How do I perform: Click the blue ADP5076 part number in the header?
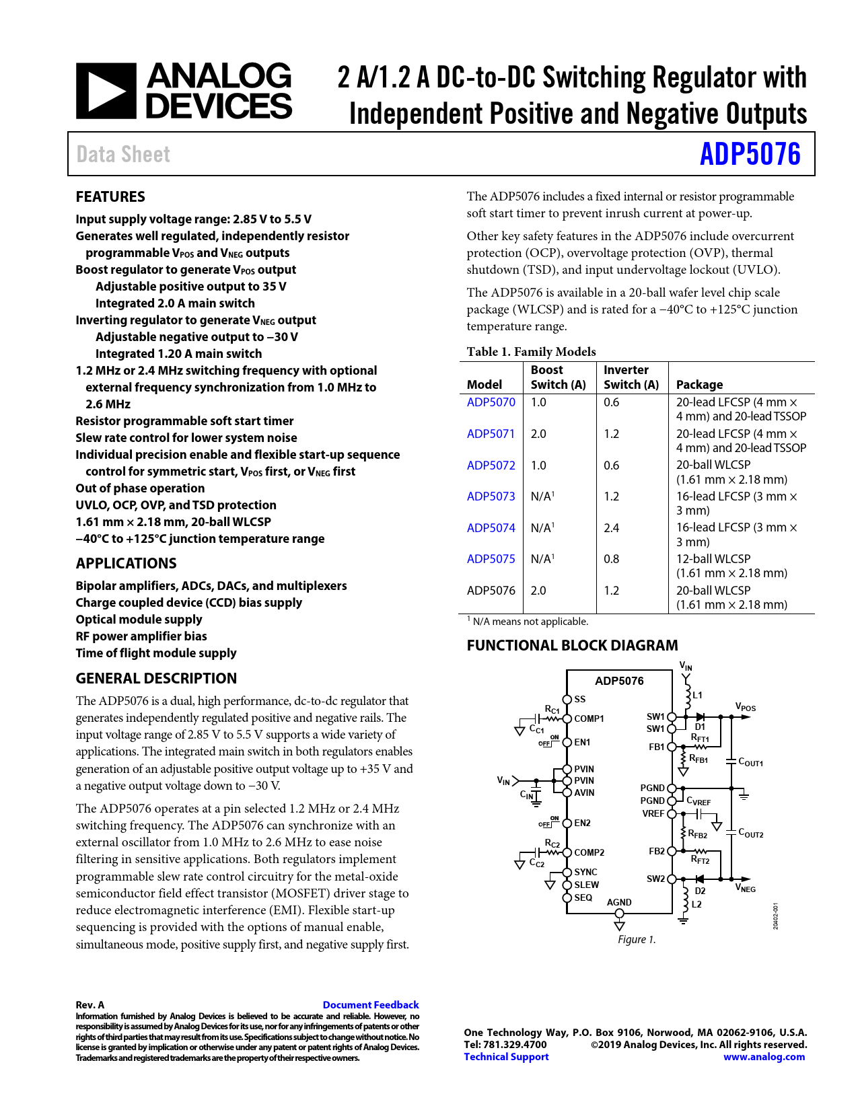pos(750,154)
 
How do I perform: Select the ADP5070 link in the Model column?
pos(491,402)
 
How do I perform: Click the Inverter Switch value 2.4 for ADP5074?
pos(611,528)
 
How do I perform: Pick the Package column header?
pos(699,384)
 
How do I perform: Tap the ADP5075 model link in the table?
pos(491,559)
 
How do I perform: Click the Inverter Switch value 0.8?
pos(611,559)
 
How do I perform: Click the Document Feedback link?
pos(370,1004)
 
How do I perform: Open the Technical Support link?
pos(506,1057)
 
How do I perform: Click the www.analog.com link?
pos(764,1057)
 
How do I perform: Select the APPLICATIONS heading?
pos(126,564)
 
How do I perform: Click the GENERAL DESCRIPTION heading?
pos(156,678)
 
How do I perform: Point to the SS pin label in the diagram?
pos(579,700)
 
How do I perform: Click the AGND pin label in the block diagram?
pos(619,902)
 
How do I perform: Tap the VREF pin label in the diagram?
pos(653,813)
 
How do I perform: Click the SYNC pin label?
pos(585,872)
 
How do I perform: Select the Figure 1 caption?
pos(637,939)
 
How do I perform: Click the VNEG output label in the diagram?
pos(746,889)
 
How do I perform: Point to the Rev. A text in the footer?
pos(90,1004)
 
